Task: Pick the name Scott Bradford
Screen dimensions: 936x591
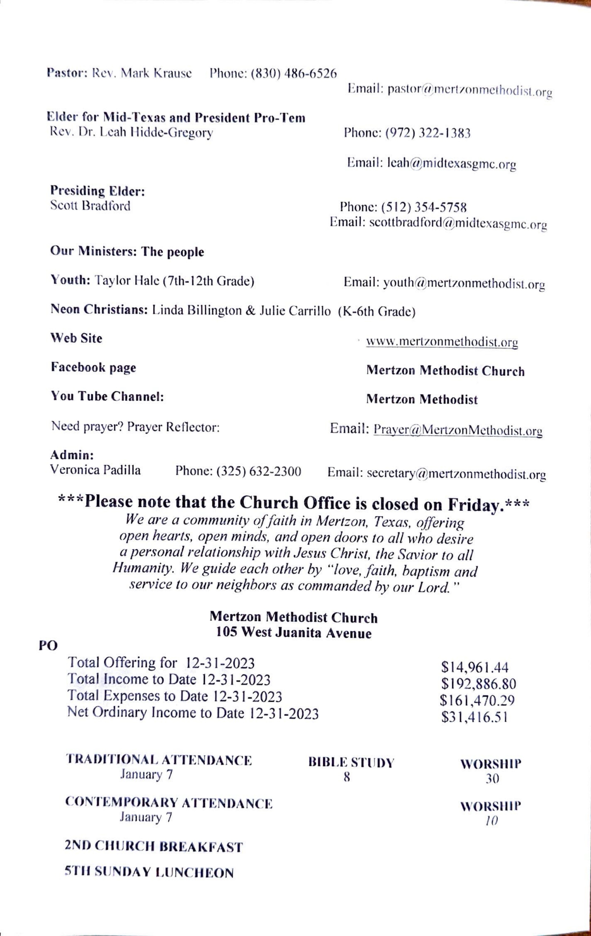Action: click(x=90, y=206)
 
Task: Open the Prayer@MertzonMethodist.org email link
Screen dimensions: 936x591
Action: click(x=458, y=430)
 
